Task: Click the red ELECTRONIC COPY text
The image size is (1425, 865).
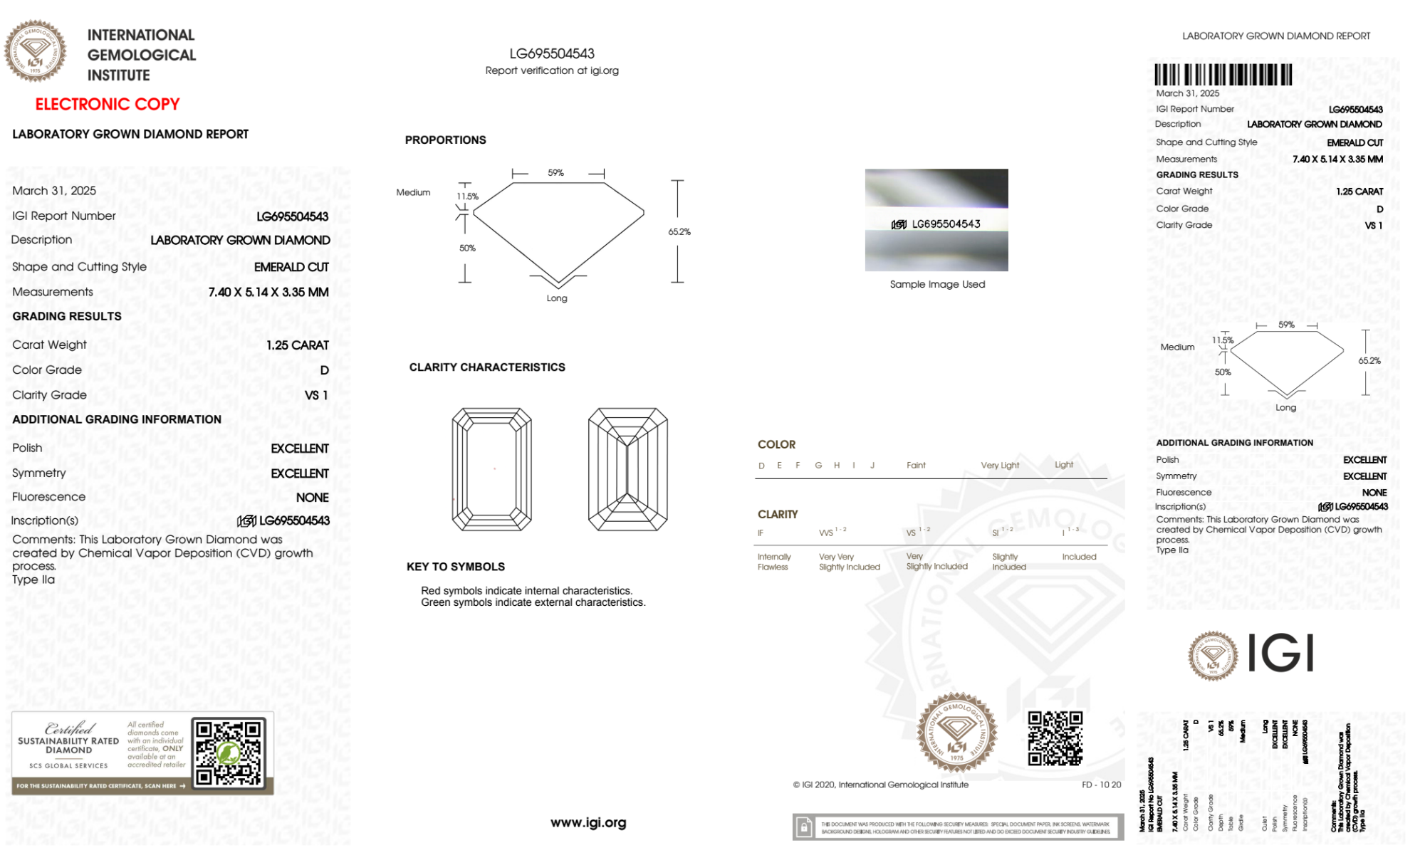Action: pyautogui.click(x=108, y=105)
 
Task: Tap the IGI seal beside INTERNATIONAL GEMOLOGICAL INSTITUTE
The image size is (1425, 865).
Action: pyautogui.click(x=35, y=51)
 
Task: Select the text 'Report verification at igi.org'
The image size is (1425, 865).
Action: pyautogui.click(x=552, y=70)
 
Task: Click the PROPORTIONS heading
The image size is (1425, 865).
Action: pyautogui.click(x=445, y=140)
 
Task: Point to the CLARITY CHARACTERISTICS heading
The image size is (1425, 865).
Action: pyautogui.click(x=487, y=367)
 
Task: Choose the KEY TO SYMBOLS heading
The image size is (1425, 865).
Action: pyautogui.click(x=456, y=567)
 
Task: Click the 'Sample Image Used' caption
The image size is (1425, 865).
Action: pyautogui.click(x=937, y=284)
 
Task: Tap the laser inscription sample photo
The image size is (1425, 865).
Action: pyautogui.click(x=936, y=220)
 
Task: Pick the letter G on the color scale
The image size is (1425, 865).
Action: pyautogui.click(x=818, y=466)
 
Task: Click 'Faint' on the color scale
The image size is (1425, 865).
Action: pyautogui.click(x=916, y=466)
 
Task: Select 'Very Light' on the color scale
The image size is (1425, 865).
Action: pyautogui.click(x=1000, y=466)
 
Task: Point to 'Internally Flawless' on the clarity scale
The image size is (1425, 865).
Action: pyautogui.click(x=773, y=562)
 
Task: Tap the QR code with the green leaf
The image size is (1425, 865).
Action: pyautogui.click(x=229, y=753)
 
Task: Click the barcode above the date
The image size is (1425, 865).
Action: pyautogui.click(x=1223, y=75)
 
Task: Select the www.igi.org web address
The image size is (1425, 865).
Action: pyautogui.click(x=588, y=823)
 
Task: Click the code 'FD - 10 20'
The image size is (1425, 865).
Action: pyautogui.click(x=1101, y=785)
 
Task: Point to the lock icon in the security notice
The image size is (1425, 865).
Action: pyautogui.click(x=804, y=827)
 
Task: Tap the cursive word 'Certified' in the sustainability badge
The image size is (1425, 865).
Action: pyautogui.click(x=69, y=728)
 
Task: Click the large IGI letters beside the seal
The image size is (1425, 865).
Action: pyautogui.click(x=1281, y=654)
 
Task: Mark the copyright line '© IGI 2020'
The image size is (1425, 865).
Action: pyautogui.click(x=881, y=785)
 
